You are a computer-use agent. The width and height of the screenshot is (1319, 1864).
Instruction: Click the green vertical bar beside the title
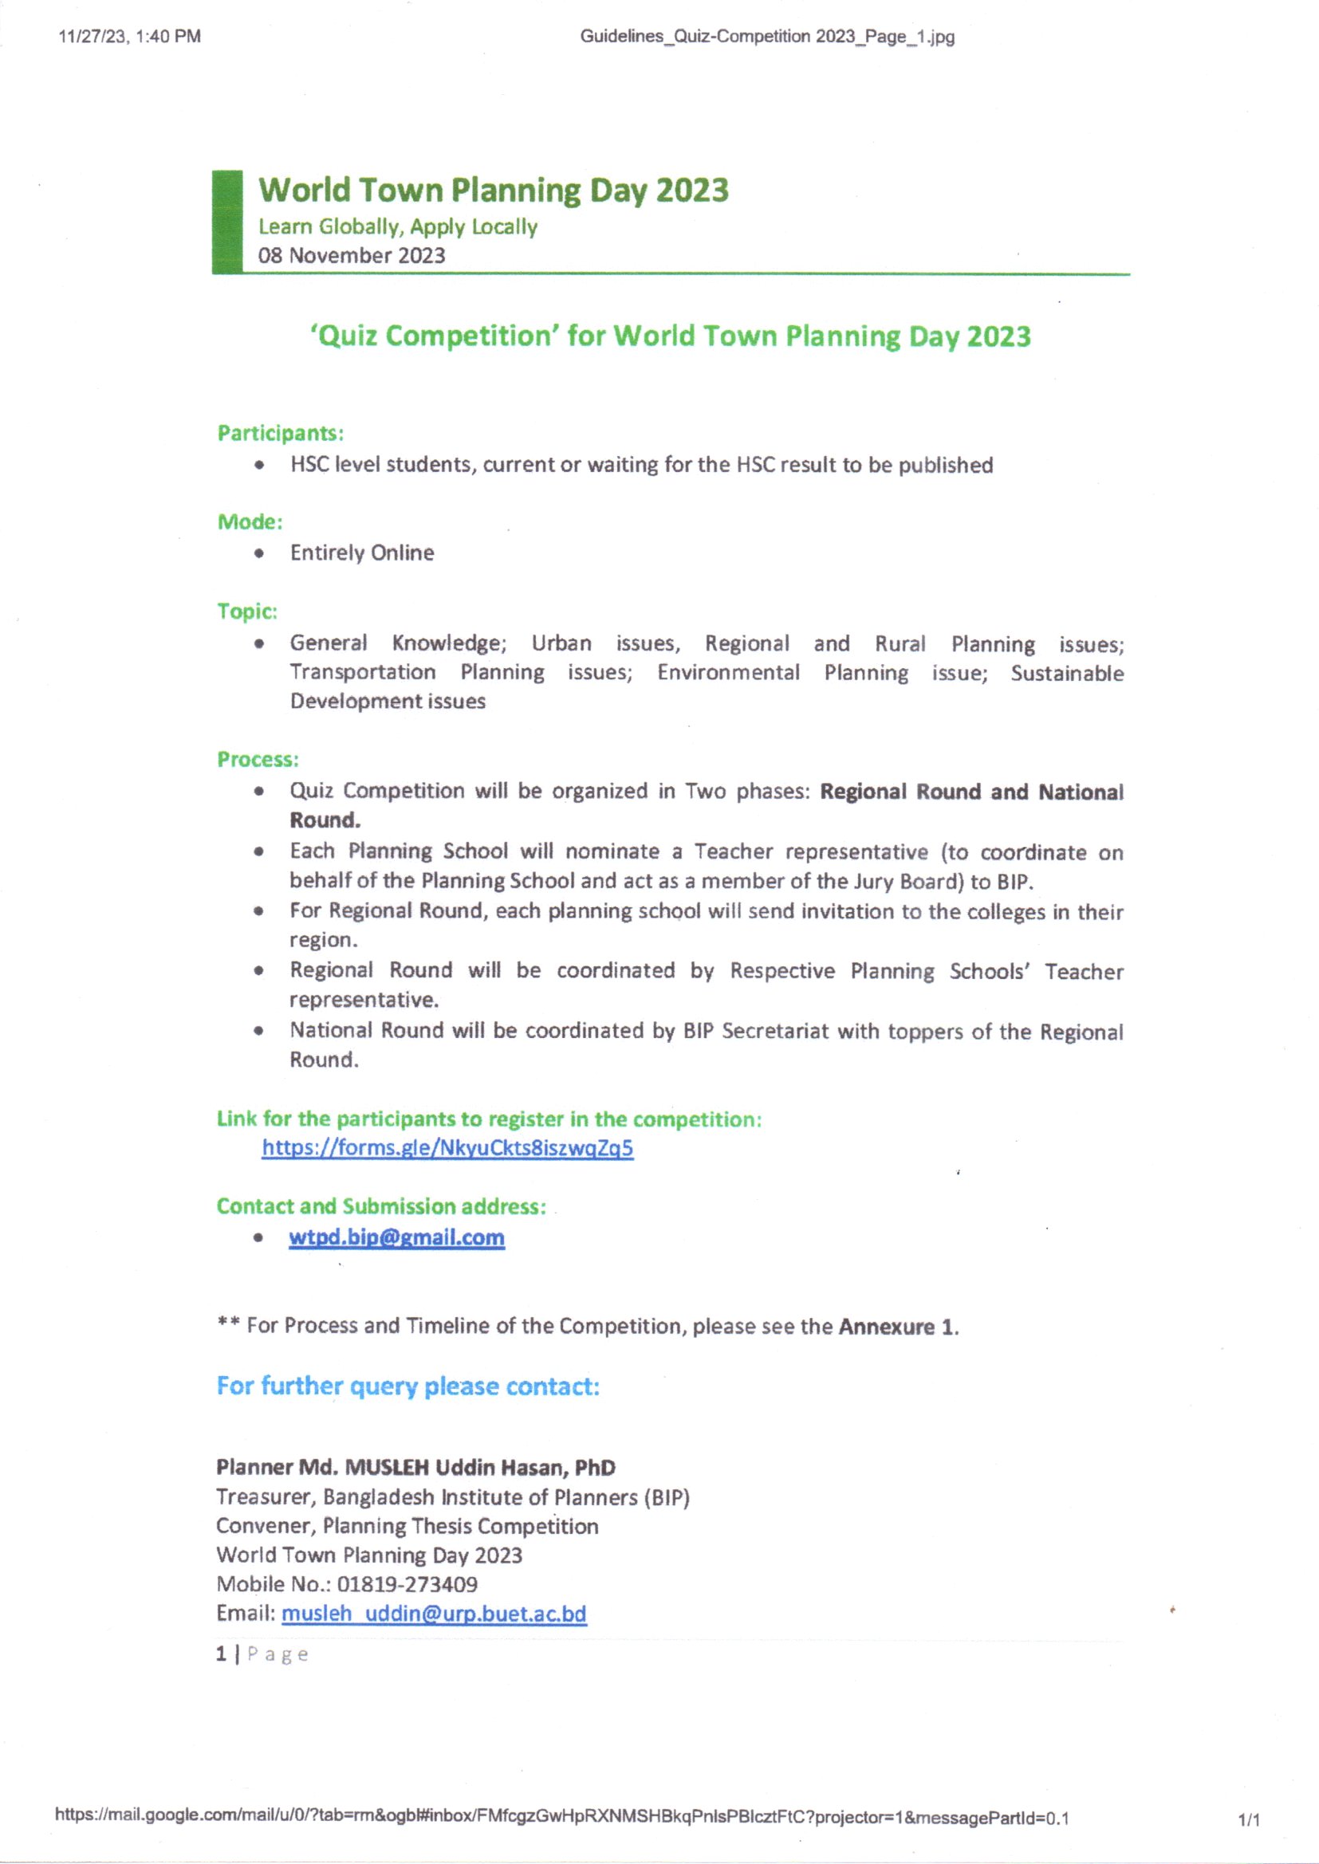point(227,221)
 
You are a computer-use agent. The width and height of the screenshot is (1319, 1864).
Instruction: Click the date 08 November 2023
point(352,256)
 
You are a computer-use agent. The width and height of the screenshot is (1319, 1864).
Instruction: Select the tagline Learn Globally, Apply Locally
point(398,226)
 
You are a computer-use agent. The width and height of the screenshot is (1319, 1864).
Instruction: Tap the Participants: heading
point(280,434)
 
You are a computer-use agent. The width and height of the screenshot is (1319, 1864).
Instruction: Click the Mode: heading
point(250,522)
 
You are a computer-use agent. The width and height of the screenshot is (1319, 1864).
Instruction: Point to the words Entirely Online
point(362,553)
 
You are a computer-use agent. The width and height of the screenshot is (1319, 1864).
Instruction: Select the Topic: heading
point(247,612)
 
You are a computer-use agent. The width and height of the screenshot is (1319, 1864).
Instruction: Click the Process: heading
point(258,760)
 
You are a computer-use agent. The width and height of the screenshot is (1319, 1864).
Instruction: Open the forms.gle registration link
point(447,1148)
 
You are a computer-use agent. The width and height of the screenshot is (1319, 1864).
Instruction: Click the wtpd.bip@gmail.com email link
point(396,1237)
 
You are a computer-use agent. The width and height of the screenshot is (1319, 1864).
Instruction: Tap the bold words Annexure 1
point(897,1327)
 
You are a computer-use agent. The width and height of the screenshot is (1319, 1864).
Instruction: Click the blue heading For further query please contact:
point(408,1386)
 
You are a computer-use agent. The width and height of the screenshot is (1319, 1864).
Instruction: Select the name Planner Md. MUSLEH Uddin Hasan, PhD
point(415,1467)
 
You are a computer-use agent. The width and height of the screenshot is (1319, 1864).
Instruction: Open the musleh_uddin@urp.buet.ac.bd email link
point(434,1613)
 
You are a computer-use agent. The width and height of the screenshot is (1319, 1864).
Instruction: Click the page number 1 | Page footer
point(262,1654)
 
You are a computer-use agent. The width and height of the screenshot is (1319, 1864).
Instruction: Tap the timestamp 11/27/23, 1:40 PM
point(130,37)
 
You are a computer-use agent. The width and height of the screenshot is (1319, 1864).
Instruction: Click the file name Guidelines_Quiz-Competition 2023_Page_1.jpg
point(766,37)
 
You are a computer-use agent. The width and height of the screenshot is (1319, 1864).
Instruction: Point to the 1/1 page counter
point(1248,1820)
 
